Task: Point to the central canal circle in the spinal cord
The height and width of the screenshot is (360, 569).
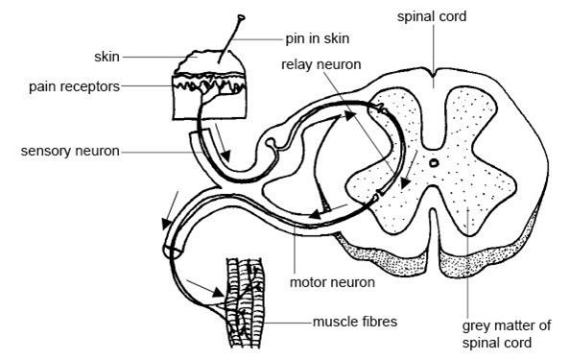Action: click(x=434, y=164)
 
